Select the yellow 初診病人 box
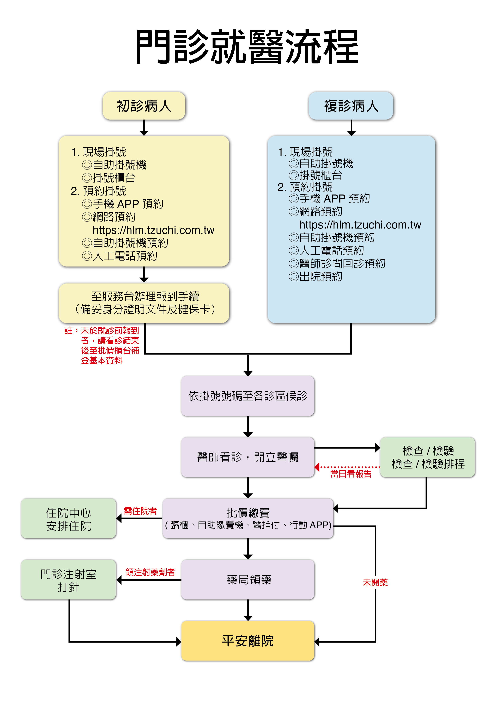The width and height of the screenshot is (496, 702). tap(144, 106)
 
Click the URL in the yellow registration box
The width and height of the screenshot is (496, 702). tap(153, 230)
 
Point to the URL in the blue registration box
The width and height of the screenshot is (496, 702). tap(360, 225)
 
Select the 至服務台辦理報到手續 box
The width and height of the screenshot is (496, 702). tap(144, 303)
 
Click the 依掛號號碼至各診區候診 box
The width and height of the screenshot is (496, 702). tap(248, 396)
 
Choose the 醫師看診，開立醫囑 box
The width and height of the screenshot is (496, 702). tap(248, 457)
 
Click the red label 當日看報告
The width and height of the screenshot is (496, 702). tap(351, 474)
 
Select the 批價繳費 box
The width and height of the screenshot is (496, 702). tap(248, 518)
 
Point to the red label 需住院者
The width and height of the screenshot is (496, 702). tap(140, 511)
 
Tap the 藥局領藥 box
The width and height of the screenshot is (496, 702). tap(248, 579)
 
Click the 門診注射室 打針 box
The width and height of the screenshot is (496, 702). tap(68, 580)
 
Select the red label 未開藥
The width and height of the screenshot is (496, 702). tap(375, 583)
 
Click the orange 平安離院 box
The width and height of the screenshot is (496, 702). tap(248, 641)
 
